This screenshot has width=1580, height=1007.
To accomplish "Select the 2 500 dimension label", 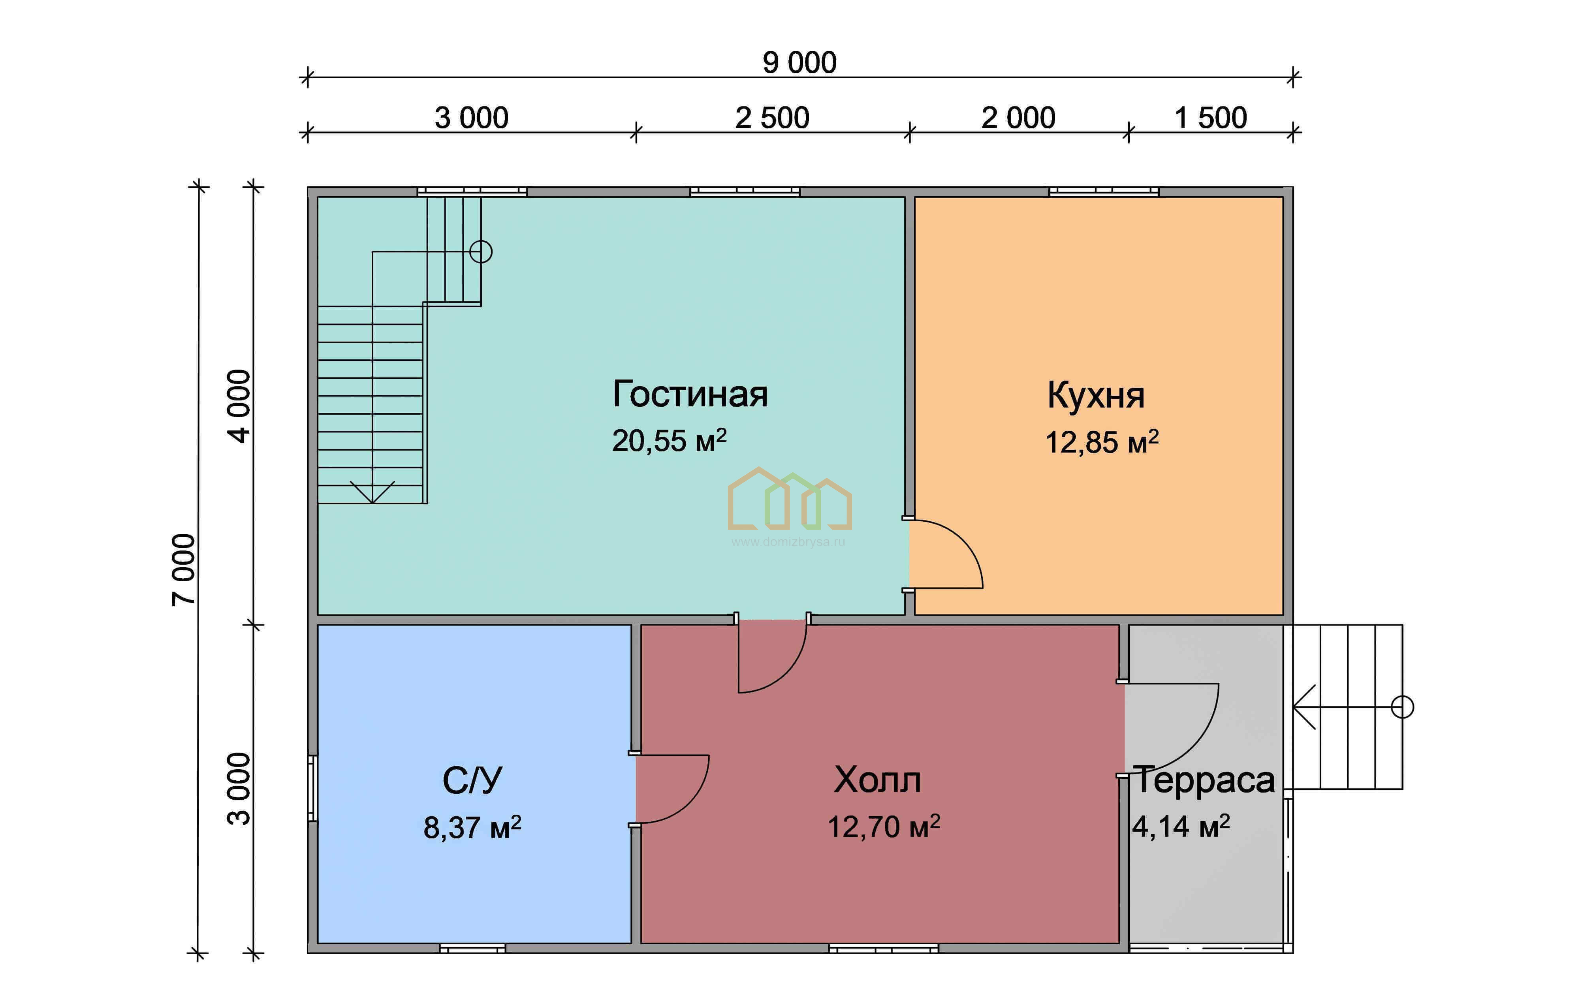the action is coord(772,118).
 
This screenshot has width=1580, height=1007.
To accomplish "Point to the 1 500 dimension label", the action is coord(1211,118).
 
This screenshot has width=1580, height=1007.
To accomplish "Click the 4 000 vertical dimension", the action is coord(239,406).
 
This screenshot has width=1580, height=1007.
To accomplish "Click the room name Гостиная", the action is coord(690,394).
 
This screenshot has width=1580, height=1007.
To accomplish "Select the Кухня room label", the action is coord(1096,396).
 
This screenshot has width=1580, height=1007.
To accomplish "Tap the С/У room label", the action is coord(472,781).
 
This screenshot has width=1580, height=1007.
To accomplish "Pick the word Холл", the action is coord(877,780).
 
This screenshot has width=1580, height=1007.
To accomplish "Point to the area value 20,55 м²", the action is coord(669,441).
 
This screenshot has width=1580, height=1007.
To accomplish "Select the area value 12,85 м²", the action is coord(1102,442).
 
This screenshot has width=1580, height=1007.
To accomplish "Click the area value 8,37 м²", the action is coord(472,827).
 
